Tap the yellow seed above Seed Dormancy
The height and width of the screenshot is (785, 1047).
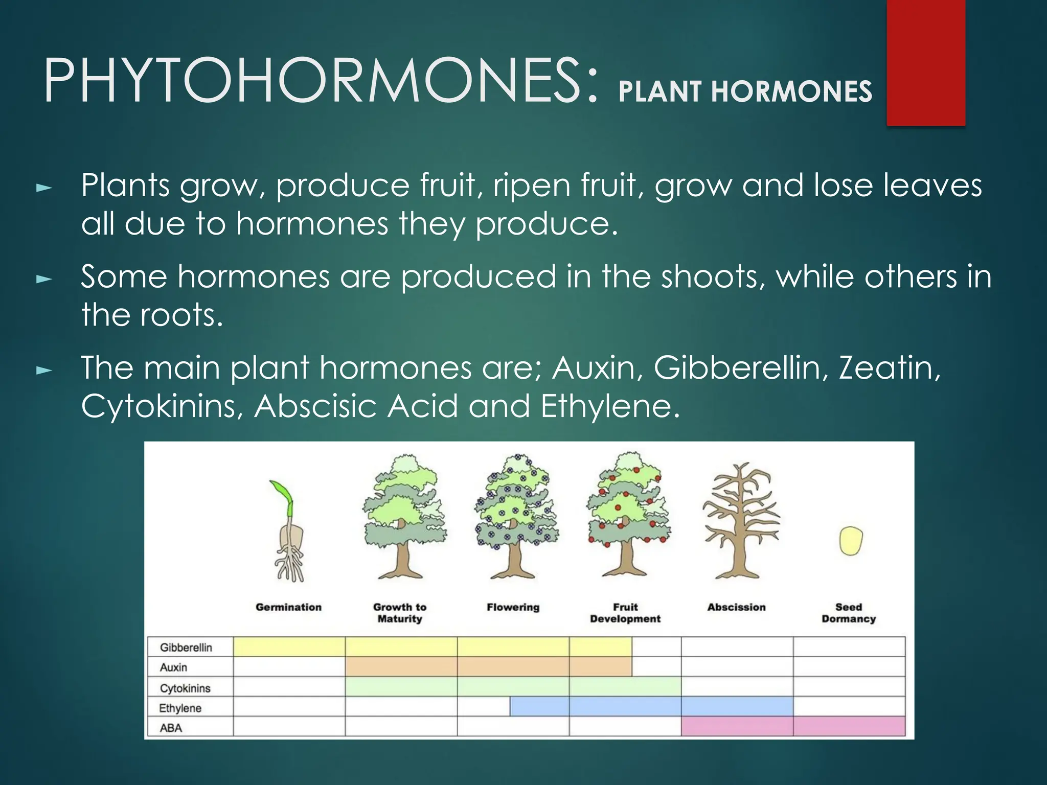pos(851,541)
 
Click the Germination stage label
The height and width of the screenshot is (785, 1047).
pos(288,607)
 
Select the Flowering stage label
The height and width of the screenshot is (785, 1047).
pos(513,607)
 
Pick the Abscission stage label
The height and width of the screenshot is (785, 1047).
pos(736,607)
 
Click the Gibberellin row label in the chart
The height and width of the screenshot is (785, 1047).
pos(186,648)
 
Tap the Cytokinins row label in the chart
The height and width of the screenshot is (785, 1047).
pos(185,688)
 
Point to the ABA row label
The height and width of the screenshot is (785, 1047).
pos(171,728)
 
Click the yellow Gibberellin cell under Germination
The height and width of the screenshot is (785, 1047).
pos(289,647)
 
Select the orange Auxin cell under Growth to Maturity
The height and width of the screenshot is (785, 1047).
pos(401,667)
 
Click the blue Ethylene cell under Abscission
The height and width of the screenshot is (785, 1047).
pos(737,707)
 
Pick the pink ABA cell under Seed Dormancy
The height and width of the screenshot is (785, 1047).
pos(849,726)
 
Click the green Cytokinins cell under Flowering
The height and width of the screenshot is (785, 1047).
pos(513,687)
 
